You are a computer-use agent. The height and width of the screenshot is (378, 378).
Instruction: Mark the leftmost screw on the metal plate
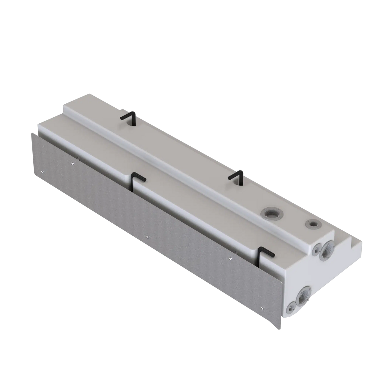(43, 171)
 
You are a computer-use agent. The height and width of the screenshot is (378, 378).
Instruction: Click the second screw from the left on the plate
(73, 162)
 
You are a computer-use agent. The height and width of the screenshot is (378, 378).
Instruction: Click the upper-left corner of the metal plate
(31, 132)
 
